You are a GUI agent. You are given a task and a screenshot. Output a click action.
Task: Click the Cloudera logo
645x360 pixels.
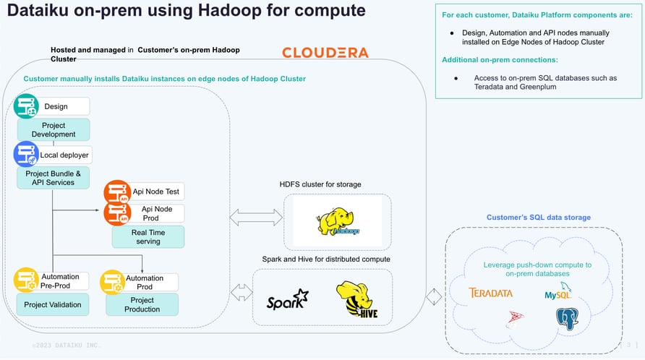pos(325,53)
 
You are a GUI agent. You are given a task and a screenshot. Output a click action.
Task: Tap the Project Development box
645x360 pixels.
pos(54,130)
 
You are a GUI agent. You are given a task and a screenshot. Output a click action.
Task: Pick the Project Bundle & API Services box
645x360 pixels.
pos(54,178)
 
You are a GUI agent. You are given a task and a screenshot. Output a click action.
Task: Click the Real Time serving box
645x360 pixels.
pos(148,236)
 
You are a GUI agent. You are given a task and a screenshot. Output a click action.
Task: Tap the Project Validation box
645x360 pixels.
pos(52,304)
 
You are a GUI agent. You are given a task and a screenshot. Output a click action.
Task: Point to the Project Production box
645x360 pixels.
pos(142,304)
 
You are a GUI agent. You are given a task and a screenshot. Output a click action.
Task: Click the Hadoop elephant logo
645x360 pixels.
pos(338,220)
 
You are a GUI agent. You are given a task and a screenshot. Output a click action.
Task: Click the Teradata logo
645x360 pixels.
pos(490,293)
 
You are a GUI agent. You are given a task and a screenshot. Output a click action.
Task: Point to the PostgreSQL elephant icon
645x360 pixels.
pos(567,319)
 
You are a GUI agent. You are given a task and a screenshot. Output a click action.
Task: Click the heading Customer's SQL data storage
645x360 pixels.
pos(538,218)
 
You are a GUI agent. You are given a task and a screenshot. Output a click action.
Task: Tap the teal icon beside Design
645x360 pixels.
pos(26,107)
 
